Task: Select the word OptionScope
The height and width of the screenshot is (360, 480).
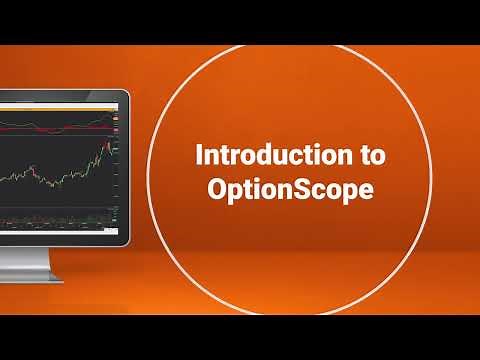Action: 289,190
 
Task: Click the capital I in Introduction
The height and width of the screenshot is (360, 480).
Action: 199,157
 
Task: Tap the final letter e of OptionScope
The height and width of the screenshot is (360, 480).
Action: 365,190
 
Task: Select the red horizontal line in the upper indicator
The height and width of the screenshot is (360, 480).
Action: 60,127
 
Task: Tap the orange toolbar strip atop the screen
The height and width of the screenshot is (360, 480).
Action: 60,99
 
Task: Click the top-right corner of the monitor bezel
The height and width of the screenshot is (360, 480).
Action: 127,93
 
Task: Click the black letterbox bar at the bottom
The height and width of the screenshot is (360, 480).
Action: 240,337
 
